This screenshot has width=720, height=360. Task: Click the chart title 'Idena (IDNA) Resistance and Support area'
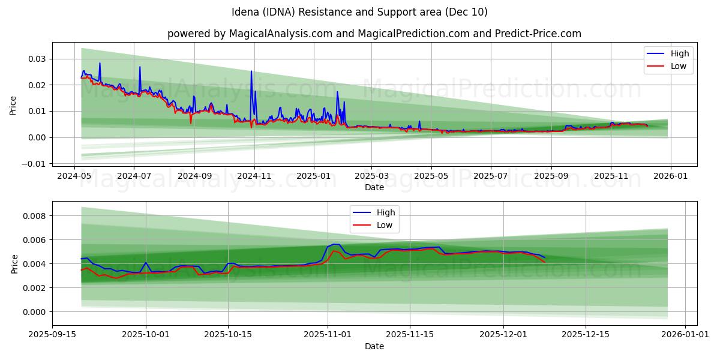click(x=359, y=12)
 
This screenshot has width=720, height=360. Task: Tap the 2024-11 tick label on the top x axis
click(x=254, y=177)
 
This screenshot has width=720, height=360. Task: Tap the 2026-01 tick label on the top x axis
click(x=670, y=177)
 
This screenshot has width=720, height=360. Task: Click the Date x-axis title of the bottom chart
click(x=374, y=347)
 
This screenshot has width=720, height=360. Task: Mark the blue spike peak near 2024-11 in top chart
click(x=251, y=71)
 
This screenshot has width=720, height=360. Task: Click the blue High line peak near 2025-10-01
click(x=145, y=262)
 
